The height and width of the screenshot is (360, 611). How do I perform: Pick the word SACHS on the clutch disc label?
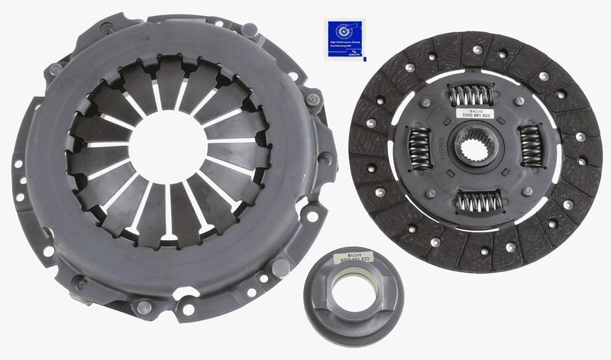[473, 110]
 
